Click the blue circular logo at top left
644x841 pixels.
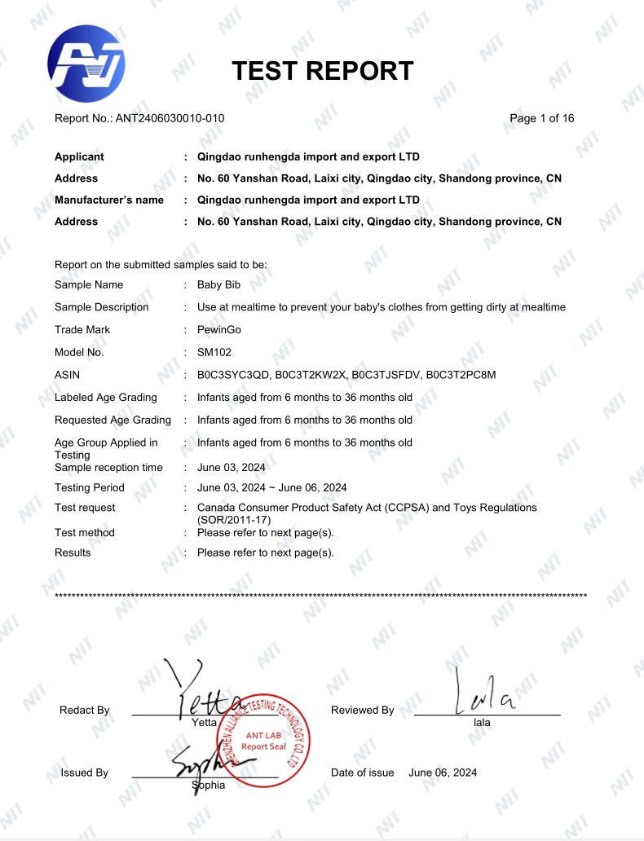[86, 64]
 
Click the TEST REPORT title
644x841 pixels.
[323, 71]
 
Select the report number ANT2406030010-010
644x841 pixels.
[170, 118]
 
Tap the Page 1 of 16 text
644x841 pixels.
[541, 118]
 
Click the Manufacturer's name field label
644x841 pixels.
[109, 200]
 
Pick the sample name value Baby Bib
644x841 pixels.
[218, 284]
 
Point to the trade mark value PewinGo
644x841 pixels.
[219, 330]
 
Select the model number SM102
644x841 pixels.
[214, 353]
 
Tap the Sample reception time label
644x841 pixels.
[108, 468]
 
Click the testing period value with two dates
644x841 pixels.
[271, 488]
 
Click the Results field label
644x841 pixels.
[73, 553]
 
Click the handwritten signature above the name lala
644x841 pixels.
[485, 693]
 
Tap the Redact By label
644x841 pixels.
[84, 711]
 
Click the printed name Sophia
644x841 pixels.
[208, 786]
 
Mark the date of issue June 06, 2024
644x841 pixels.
[443, 773]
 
